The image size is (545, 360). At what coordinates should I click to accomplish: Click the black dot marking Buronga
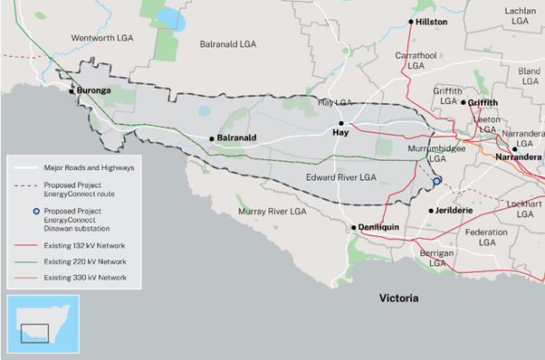pyautogui.click(x=71, y=90)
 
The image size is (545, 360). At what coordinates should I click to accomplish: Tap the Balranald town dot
pyautogui.click(x=211, y=138)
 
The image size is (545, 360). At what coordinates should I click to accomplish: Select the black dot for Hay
pyautogui.click(x=341, y=123)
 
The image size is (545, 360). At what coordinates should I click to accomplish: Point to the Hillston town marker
pyautogui.click(x=411, y=21)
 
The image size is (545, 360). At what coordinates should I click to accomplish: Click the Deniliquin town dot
pyautogui.click(x=354, y=228)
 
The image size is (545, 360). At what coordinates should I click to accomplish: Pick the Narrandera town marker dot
pyautogui.click(x=513, y=149)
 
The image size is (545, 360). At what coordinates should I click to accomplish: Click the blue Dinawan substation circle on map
pyautogui.click(x=436, y=181)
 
